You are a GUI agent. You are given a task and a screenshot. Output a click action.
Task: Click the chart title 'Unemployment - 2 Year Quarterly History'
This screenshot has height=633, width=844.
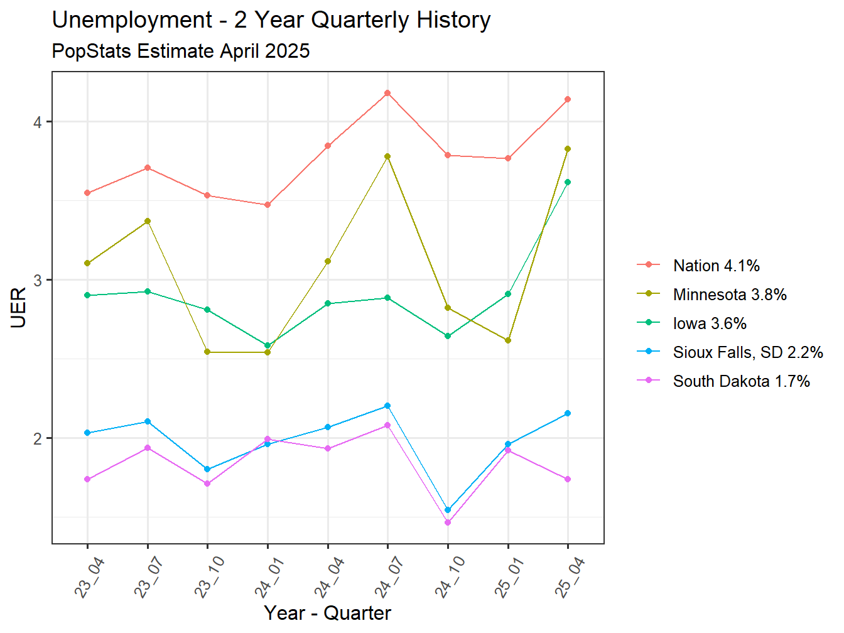point(271,20)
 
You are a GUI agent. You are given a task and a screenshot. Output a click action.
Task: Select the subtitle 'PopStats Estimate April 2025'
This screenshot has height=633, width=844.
point(181,51)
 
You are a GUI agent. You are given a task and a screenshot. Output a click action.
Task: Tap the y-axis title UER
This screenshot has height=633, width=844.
point(19,307)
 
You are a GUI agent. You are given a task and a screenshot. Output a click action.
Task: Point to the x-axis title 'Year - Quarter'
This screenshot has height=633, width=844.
point(327,612)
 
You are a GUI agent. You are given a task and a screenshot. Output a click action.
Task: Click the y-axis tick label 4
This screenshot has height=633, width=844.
point(38,122)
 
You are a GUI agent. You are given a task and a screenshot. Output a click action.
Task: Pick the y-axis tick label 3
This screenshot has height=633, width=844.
point(38,280)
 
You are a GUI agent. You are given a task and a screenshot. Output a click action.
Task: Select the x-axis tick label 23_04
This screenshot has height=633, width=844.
point(89,578)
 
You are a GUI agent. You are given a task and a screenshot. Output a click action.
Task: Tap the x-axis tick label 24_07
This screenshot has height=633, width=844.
point(389,578)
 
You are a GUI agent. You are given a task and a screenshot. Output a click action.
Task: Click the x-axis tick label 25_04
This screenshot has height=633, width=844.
point(569,578)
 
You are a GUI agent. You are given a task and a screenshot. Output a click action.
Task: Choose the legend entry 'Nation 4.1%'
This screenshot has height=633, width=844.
point(716,266)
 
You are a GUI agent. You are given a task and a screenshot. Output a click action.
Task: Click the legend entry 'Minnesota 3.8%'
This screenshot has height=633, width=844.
point(729,295)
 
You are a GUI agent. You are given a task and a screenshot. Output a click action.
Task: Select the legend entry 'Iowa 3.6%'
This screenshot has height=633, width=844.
point(710,323)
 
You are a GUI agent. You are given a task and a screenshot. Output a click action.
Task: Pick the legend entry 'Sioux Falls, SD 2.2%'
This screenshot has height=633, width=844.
point(747,352)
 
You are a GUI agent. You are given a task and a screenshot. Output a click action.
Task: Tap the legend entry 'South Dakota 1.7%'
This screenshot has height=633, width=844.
point(741,381)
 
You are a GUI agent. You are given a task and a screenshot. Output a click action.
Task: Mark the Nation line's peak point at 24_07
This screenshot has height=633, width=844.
point(387,93)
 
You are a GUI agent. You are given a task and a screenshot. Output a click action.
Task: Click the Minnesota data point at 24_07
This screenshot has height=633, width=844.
point(387,156)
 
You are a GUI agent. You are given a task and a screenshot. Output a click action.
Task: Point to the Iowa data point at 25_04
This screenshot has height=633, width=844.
point(568,182)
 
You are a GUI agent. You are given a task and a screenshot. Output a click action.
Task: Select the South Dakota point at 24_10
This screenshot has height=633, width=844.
point(448,522)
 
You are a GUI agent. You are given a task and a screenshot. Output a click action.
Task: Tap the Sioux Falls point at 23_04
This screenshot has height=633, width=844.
point(87,433)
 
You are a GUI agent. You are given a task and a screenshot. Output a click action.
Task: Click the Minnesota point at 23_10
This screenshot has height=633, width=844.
point(207,352)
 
